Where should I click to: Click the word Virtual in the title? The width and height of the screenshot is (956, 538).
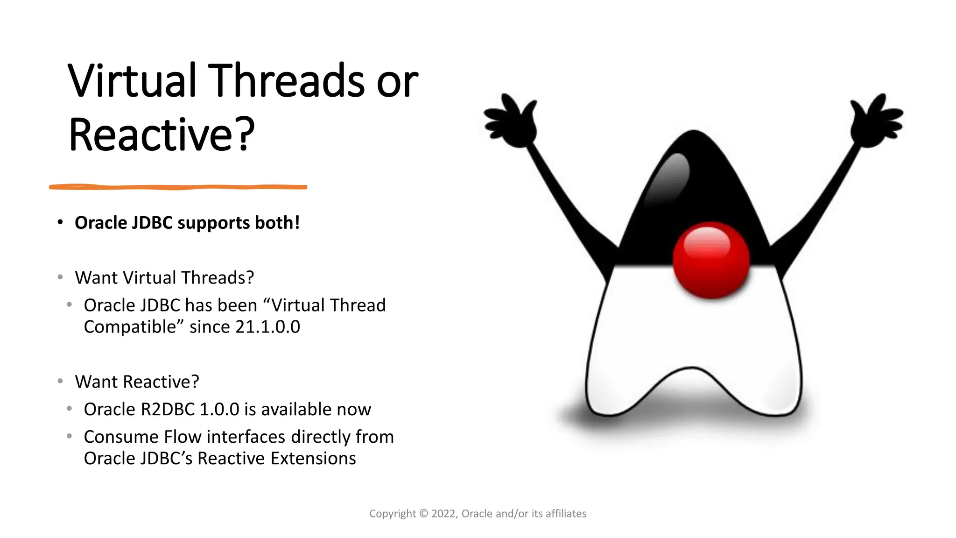pos(132,81)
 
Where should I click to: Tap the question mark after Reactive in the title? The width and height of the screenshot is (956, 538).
pos(245,134)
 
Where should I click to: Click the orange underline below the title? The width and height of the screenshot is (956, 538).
pos(178,187)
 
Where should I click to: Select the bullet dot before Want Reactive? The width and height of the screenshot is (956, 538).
pos(60,382)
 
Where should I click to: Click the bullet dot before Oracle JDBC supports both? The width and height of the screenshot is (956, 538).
pos(60,223)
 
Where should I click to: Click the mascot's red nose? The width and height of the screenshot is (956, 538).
pos(710,260)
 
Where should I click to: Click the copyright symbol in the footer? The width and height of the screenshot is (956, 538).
pos(423,514)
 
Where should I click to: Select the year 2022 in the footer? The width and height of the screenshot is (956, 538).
pos(443,514)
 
